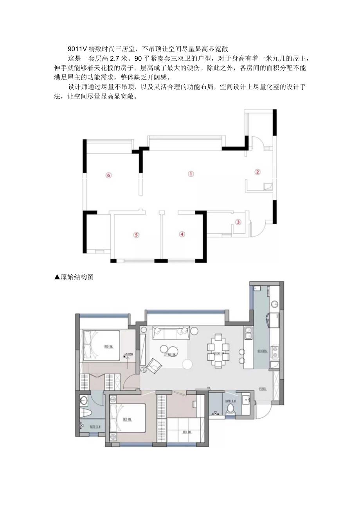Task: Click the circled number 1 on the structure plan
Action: tap(191, 174)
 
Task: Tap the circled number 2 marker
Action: tap(257, 171)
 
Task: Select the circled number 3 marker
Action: tap(238, 222)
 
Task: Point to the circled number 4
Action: tap(182, 234)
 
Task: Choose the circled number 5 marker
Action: tap(136, 235)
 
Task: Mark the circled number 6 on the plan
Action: tap(109, 175)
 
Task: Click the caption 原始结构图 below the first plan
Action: tap(77, 277)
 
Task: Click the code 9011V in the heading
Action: tap(76, 49)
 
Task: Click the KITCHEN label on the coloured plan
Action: tap(262, 351)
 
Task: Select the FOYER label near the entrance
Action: tap(263, 389)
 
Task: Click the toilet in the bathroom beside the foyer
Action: tap(231, 409)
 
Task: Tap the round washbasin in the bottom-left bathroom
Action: tap(83, 400)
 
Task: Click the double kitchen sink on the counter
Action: tap(248, 333)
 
